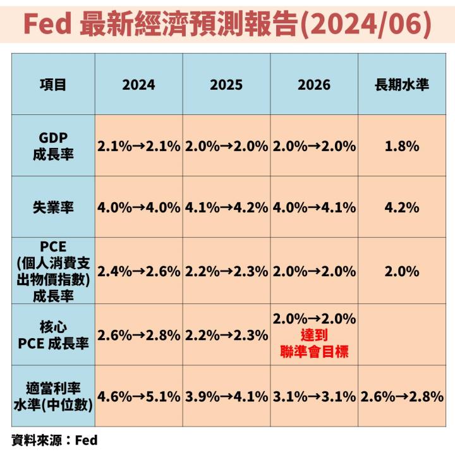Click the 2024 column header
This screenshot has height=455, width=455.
(x=139, y=84)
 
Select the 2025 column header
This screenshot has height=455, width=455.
(x=226, y=84)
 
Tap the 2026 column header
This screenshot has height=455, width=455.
(x=314, y=84)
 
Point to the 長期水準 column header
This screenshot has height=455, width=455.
(x=402, y=84)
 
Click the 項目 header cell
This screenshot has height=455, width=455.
(x=53, y=84)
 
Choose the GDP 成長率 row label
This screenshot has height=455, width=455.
(x=53, y=146)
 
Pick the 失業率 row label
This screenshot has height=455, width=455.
(x=53, y=208)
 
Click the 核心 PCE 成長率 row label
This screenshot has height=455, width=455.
(x=53, y=336)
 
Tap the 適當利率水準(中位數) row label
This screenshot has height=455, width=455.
(x=53, y=397)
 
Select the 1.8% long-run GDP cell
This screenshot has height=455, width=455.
(x=402, y=146)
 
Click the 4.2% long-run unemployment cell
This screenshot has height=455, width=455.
(x=402, y=208)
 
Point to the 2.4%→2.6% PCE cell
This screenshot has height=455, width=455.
(x=139, y=271)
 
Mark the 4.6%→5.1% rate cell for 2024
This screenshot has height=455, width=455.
(x=139, y=397)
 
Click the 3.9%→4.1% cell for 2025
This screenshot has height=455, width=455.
(x=226, y=397)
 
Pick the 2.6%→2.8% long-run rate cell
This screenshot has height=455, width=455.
(x=402, y=397)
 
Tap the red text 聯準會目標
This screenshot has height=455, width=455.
(x=314, y=351)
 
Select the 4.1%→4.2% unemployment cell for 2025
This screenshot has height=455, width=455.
(x=226, y=208)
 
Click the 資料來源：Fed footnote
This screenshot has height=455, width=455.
(x=54, y=439)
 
